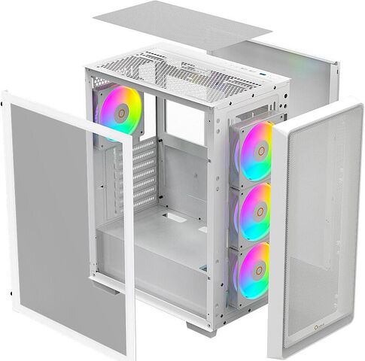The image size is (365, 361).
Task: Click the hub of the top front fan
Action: point(258,150)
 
